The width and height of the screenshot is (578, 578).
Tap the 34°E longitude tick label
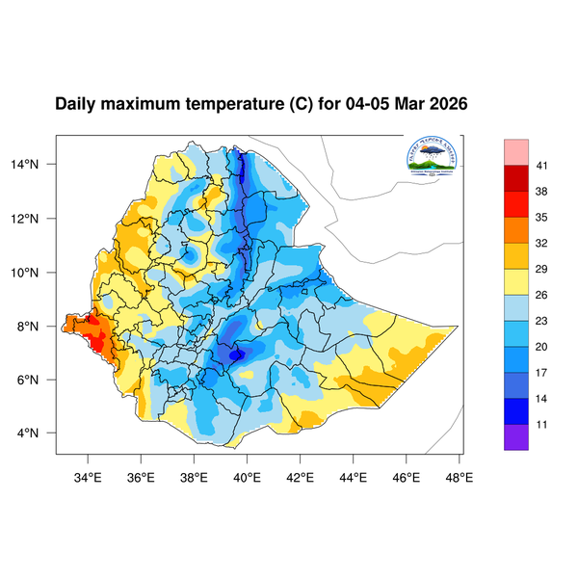[89, 475]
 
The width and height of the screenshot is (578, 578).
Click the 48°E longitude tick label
[459, 475]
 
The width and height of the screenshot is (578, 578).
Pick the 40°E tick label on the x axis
[248, 475]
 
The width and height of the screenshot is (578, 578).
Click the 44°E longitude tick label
[353, 475]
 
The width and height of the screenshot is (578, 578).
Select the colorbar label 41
[542, 167]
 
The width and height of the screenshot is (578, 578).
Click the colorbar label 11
[542, 423]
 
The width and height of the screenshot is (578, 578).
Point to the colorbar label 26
[542, 295]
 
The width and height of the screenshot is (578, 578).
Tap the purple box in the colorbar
[516, 436]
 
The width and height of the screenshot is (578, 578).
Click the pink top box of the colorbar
[516, 151]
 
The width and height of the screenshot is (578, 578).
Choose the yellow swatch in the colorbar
[516, 280]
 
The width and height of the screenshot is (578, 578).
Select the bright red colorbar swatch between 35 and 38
[516, 204]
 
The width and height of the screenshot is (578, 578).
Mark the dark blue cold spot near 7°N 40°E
[237, 354]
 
